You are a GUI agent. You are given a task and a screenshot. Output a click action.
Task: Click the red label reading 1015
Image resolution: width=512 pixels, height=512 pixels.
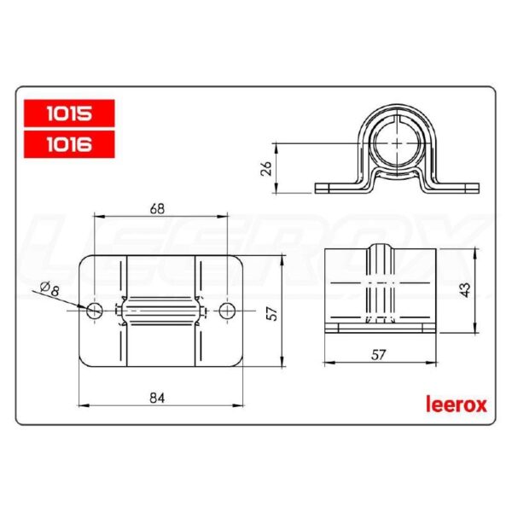coord(69,111)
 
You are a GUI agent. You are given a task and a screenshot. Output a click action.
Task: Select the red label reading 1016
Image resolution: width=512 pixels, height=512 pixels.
coord(69,143)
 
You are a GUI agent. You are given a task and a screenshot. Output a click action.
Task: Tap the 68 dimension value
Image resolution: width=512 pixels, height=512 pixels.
coord(157,207)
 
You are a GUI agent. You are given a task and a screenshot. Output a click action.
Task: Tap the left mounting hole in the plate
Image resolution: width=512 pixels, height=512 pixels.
coord(95,310)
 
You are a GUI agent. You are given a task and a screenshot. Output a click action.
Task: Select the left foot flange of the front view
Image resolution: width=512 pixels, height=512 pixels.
coord(337,186)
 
